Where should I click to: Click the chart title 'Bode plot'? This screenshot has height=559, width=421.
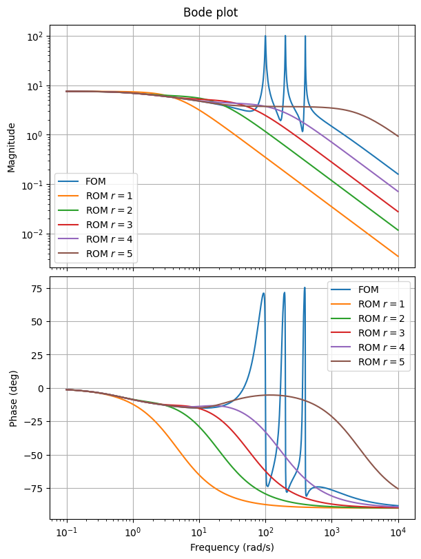[x=210, y=12]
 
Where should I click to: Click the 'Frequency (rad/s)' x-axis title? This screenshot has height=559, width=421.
[x=232, y=547]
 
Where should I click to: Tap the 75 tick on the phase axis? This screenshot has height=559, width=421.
[x=39, y=288]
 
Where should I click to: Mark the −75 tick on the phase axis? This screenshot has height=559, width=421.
[x=34, y=489]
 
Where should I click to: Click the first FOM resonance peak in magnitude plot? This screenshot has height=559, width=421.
[x=265, y=37]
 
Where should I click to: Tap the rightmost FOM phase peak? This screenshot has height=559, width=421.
[x=305, y=288]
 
